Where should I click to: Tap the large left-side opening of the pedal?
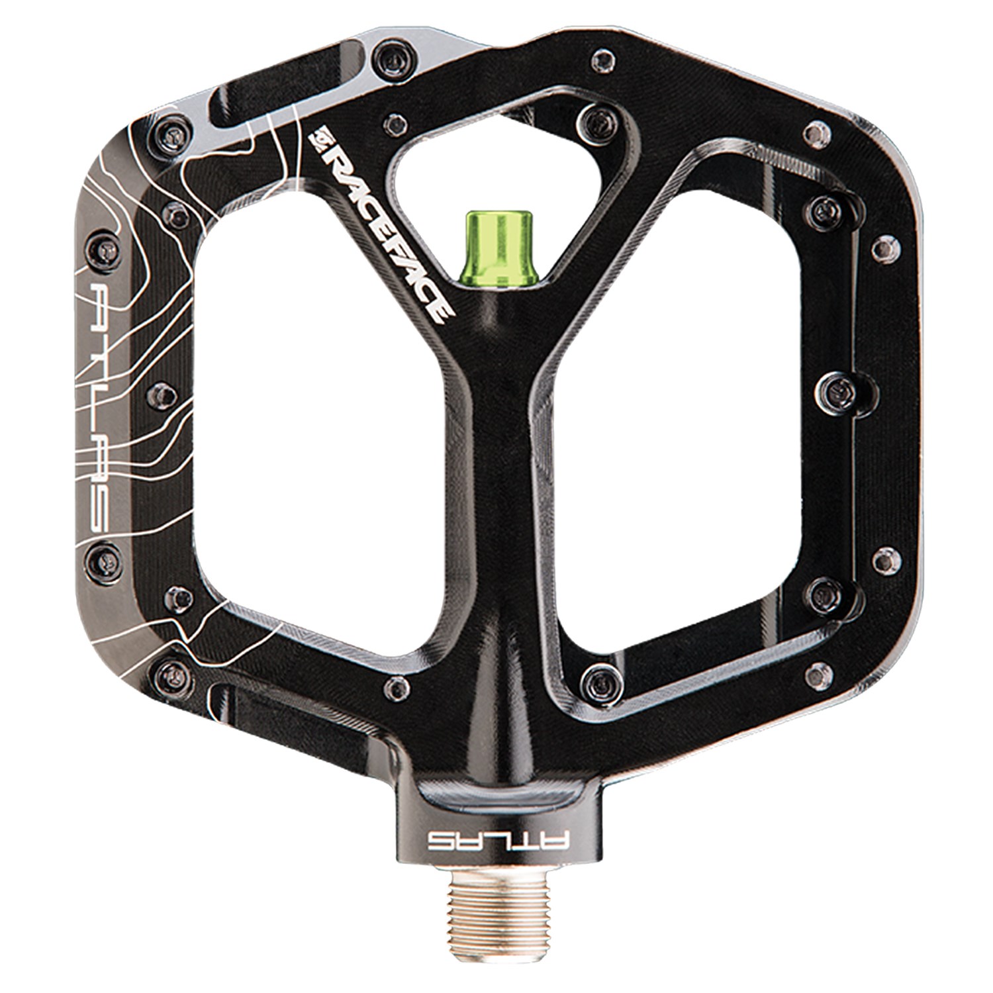click(318, 424)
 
